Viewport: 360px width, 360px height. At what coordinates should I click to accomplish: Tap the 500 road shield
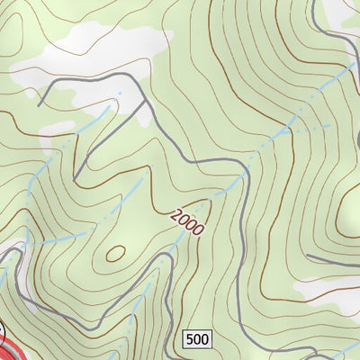coord(196,339)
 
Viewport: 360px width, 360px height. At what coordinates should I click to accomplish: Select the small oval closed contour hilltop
coord(114,254)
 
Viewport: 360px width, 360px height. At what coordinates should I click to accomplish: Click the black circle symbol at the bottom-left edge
coord(3,338)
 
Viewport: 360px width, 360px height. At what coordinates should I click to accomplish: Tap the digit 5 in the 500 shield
coord(190,339)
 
